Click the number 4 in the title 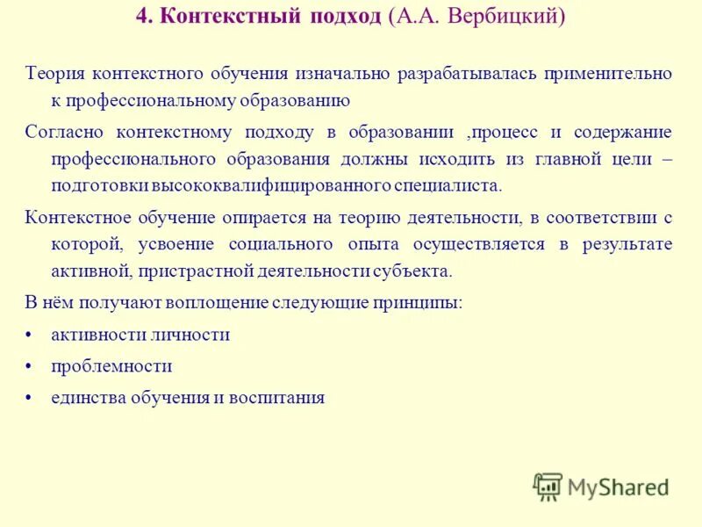(141, 18)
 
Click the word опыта (406, 244)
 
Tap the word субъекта (414, 271)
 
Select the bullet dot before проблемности (30, 366)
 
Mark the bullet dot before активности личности (30, 336)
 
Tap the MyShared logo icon (548, 486)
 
